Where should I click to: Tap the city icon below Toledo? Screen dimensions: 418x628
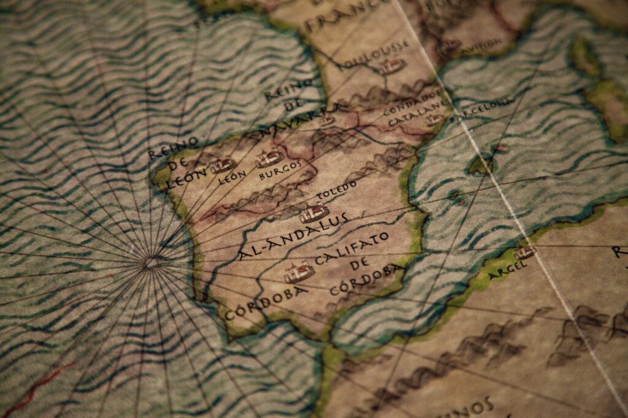point(314,213)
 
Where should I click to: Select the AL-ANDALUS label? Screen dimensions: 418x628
point(293,236)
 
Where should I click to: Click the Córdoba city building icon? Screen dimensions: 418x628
point(299,272)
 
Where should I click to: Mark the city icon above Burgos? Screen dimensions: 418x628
point(269,158)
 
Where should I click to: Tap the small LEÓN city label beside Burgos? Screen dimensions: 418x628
point(232,177)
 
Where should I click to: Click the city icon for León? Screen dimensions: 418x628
point(222,165)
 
